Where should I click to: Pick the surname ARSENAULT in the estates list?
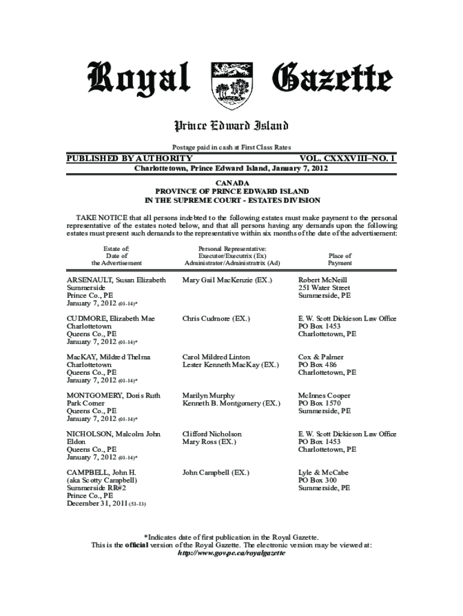point(90,280)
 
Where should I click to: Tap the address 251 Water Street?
point(324,288)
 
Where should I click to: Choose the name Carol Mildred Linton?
point(216,357)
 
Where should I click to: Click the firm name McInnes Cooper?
point(324,396)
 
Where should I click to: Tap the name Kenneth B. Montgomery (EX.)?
point(231,403)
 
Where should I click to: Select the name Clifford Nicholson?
point(212,434)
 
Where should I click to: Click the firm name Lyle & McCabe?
point(323,473)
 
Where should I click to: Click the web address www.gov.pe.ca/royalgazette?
point(231,553)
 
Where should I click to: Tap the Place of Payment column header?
point(340,259)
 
